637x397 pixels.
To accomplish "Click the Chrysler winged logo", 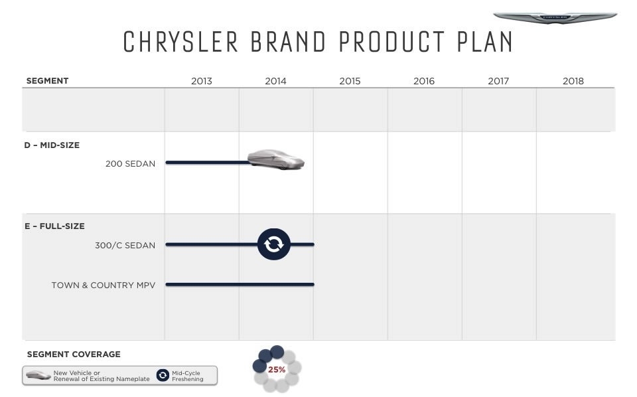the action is coord(555,17).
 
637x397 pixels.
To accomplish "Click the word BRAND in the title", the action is coord(288,42).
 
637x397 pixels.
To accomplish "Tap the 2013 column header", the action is coord(202,81).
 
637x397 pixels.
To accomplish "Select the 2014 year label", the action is coord(275,81).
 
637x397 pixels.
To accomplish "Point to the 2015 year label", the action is coord(350,81).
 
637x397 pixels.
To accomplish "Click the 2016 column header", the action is coord(424,81).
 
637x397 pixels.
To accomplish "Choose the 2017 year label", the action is coord(498,81).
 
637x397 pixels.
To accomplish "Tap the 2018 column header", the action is coord(573,81).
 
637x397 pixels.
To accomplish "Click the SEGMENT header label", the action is coord(47,80).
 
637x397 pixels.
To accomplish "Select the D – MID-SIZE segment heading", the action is coord(52,145).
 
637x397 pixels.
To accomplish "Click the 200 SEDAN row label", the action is coord(130,164).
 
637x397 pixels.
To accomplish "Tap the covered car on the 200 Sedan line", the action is coord(276,159).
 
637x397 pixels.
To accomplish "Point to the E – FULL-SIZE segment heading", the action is coord(54,226).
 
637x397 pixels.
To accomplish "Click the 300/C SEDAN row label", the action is coord(125,246).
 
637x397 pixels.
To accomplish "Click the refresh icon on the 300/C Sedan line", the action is coord(274,244).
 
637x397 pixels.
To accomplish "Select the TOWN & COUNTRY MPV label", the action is coord(104,285).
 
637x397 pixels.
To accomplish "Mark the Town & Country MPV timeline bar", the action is coord(240,284).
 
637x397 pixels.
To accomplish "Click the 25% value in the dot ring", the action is coord(277,369).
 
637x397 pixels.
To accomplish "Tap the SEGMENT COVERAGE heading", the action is coord(74,355).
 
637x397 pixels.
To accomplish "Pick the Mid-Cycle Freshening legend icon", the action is coord(163,375).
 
